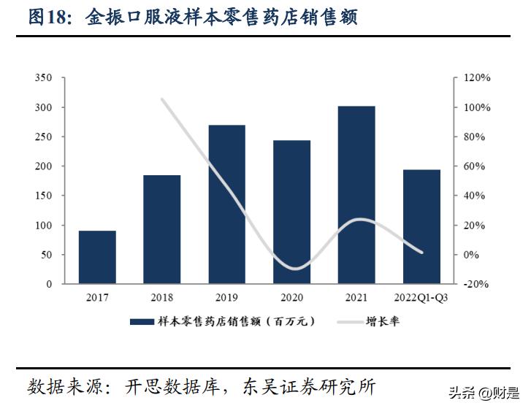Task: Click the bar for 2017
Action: [x=97, y=257]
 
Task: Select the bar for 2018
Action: [x=161, y=229]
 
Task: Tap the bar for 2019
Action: [x=226, y=204]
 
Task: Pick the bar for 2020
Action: [x=291, y=212]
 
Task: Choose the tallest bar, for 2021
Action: [x=356, y=195]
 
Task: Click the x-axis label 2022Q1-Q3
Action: [x=421, y=298]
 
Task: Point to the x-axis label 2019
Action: [x=226, y=298]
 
